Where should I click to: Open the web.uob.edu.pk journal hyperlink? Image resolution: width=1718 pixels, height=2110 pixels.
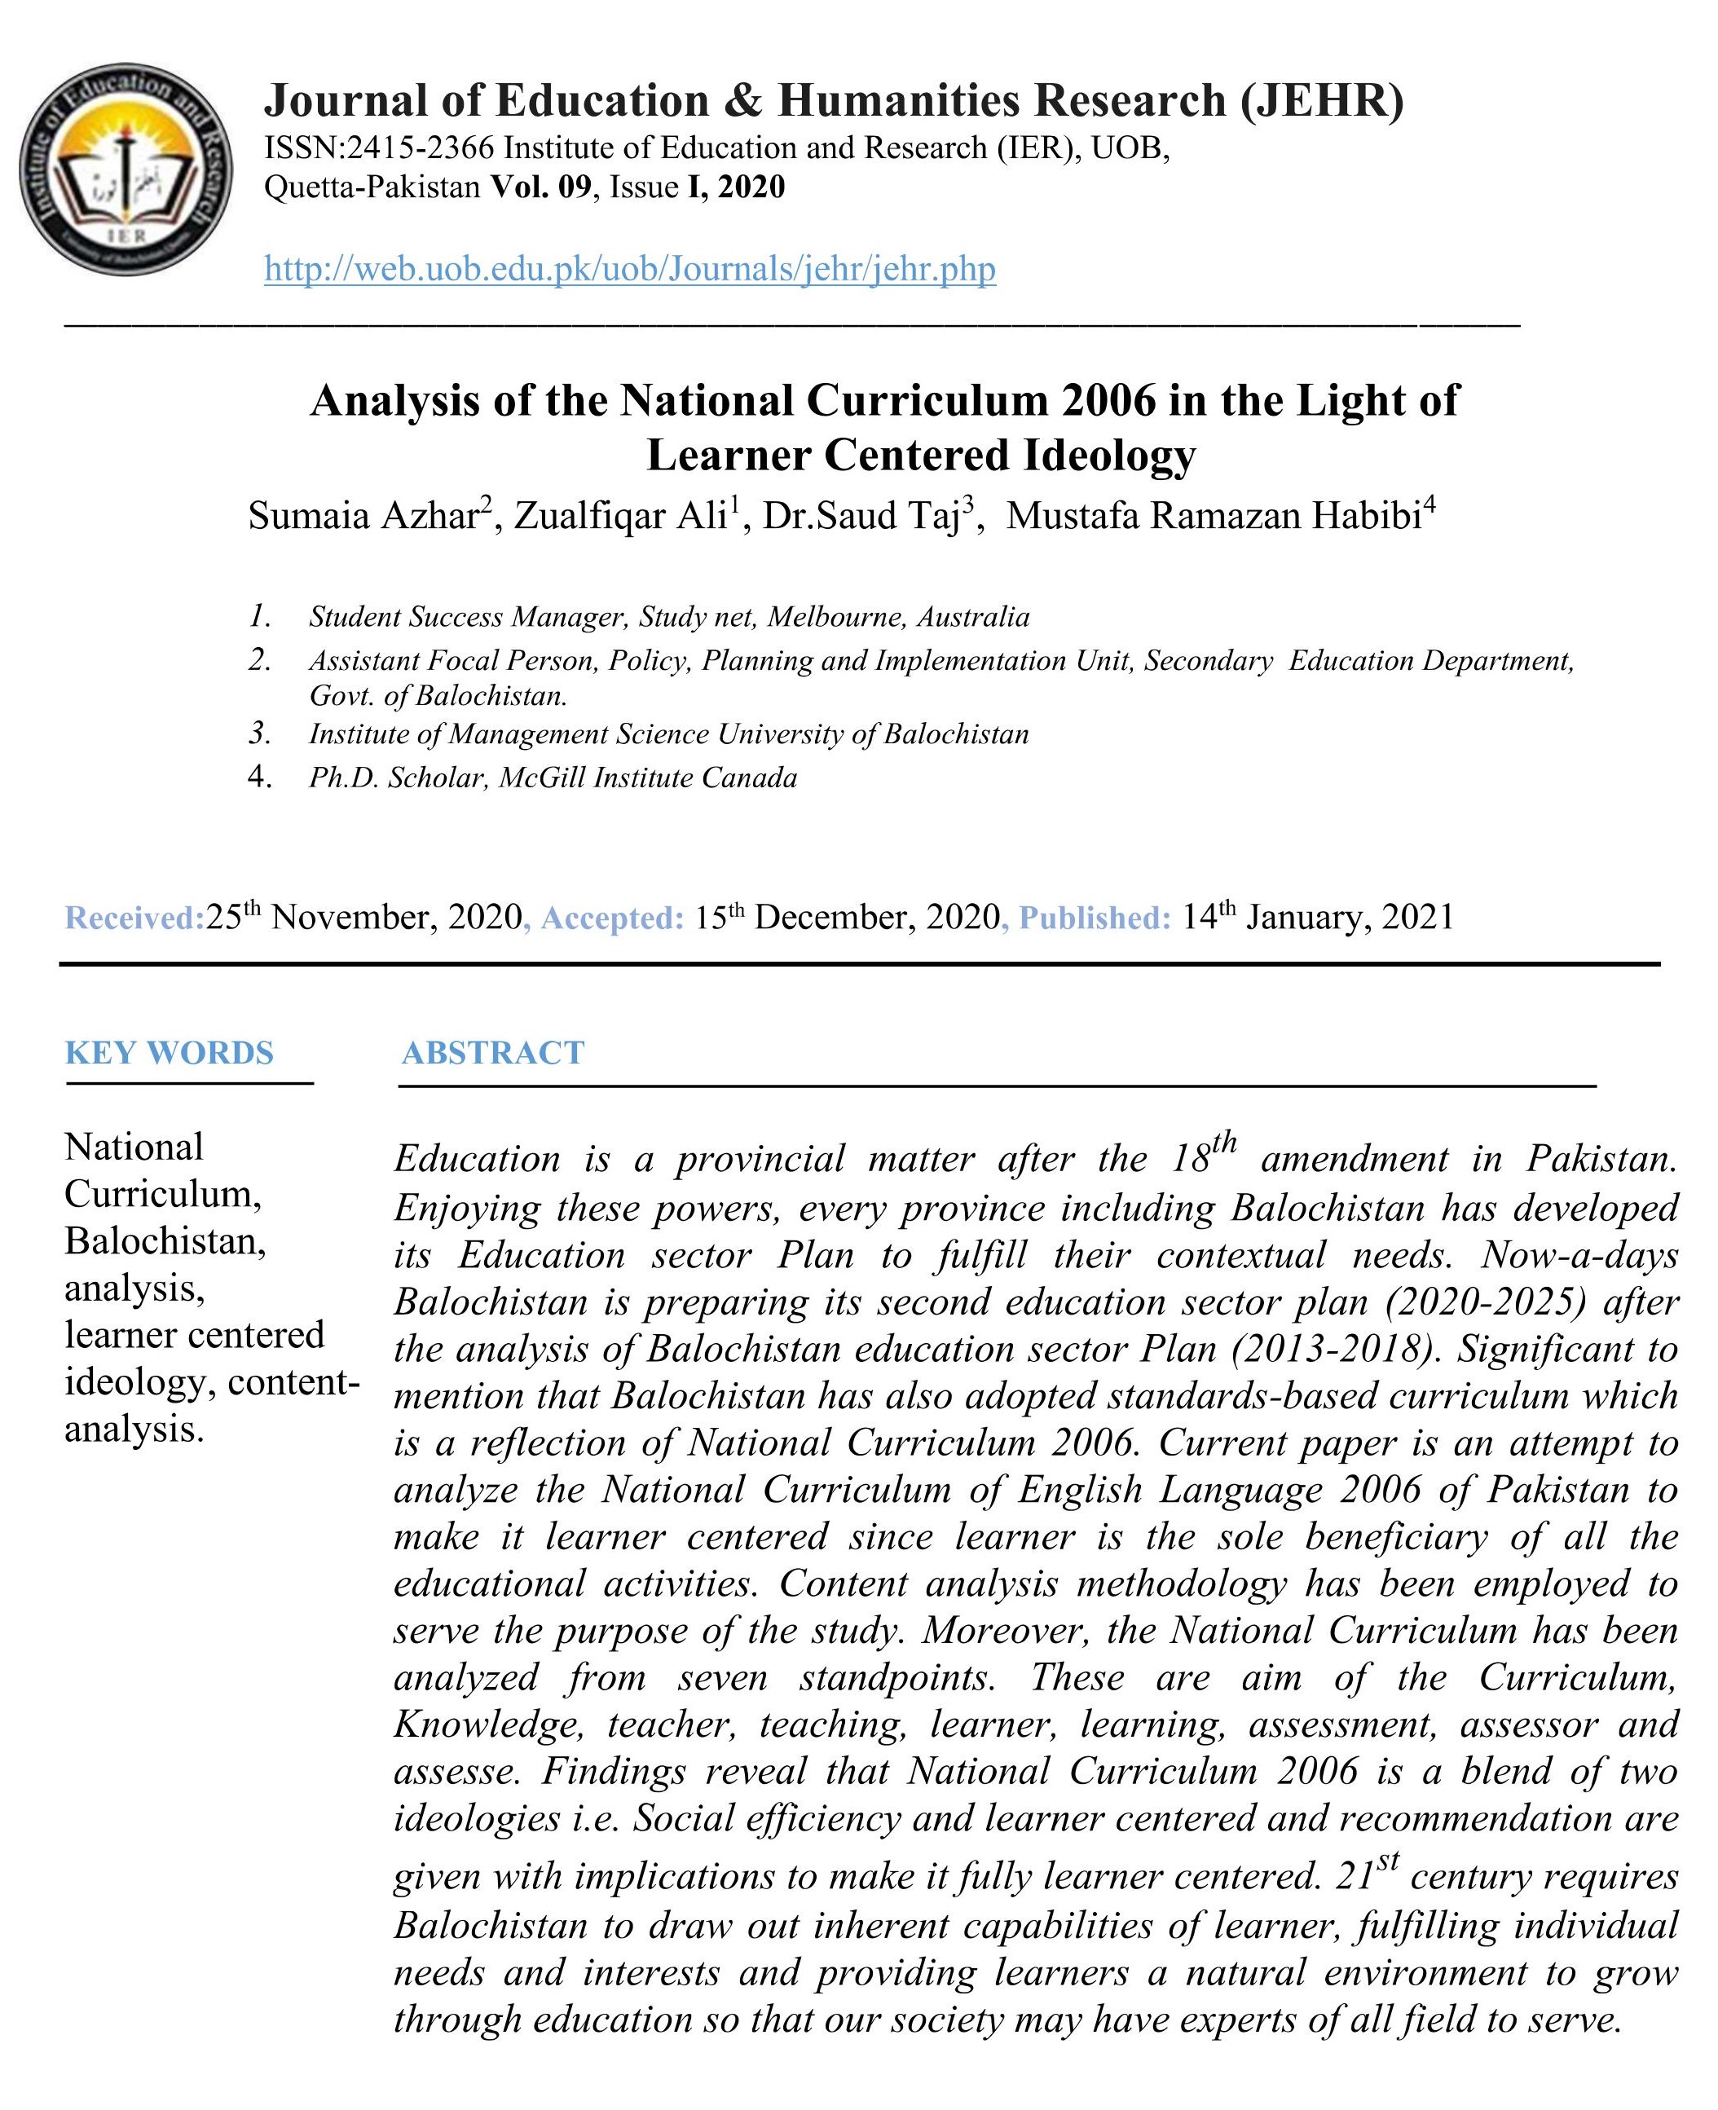click(629, 268)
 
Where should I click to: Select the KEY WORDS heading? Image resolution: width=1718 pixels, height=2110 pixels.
click(170, 1052)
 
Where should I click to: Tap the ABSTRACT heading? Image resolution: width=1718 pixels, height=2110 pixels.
click(493, 1052)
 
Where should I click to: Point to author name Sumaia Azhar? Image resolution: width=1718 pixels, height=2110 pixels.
click(363, 517)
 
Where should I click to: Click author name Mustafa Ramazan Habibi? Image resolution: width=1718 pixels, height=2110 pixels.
click(1214, 517)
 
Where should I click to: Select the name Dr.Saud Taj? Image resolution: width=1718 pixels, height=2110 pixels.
click(861, 517)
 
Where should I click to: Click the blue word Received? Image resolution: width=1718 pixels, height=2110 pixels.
click(134, 918)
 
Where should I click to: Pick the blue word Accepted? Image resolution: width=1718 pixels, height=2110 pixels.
click(611, 918)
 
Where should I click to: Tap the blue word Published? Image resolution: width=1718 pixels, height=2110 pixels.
click(1095, 918)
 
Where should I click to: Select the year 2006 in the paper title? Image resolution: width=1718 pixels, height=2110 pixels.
click(1108, 401)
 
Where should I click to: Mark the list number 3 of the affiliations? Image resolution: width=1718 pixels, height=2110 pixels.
click(259, 733)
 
